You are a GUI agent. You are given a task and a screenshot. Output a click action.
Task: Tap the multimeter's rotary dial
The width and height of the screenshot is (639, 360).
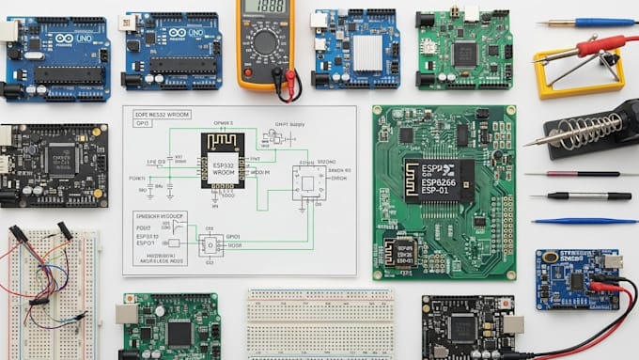(x=267, y=42)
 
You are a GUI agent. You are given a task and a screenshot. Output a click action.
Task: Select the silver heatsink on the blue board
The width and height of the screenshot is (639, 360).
(x=367, y=53)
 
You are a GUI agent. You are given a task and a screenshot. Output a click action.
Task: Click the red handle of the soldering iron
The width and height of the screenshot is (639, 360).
(x=600, y=44)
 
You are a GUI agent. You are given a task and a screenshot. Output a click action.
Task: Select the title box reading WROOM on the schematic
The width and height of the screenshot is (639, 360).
(x=162, y=113)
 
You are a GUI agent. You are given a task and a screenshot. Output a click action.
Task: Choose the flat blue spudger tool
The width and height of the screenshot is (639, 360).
(x=584, y=221)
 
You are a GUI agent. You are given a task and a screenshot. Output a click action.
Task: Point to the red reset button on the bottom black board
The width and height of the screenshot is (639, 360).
(x=506, y=304)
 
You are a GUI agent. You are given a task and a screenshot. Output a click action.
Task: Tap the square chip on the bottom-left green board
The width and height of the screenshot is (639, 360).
(x=179, y=332)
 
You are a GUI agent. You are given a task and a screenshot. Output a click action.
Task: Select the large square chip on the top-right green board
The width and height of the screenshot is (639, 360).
(x=465, y=54)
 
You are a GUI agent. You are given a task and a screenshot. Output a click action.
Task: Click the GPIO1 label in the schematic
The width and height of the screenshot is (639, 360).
(x=232, y=236)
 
